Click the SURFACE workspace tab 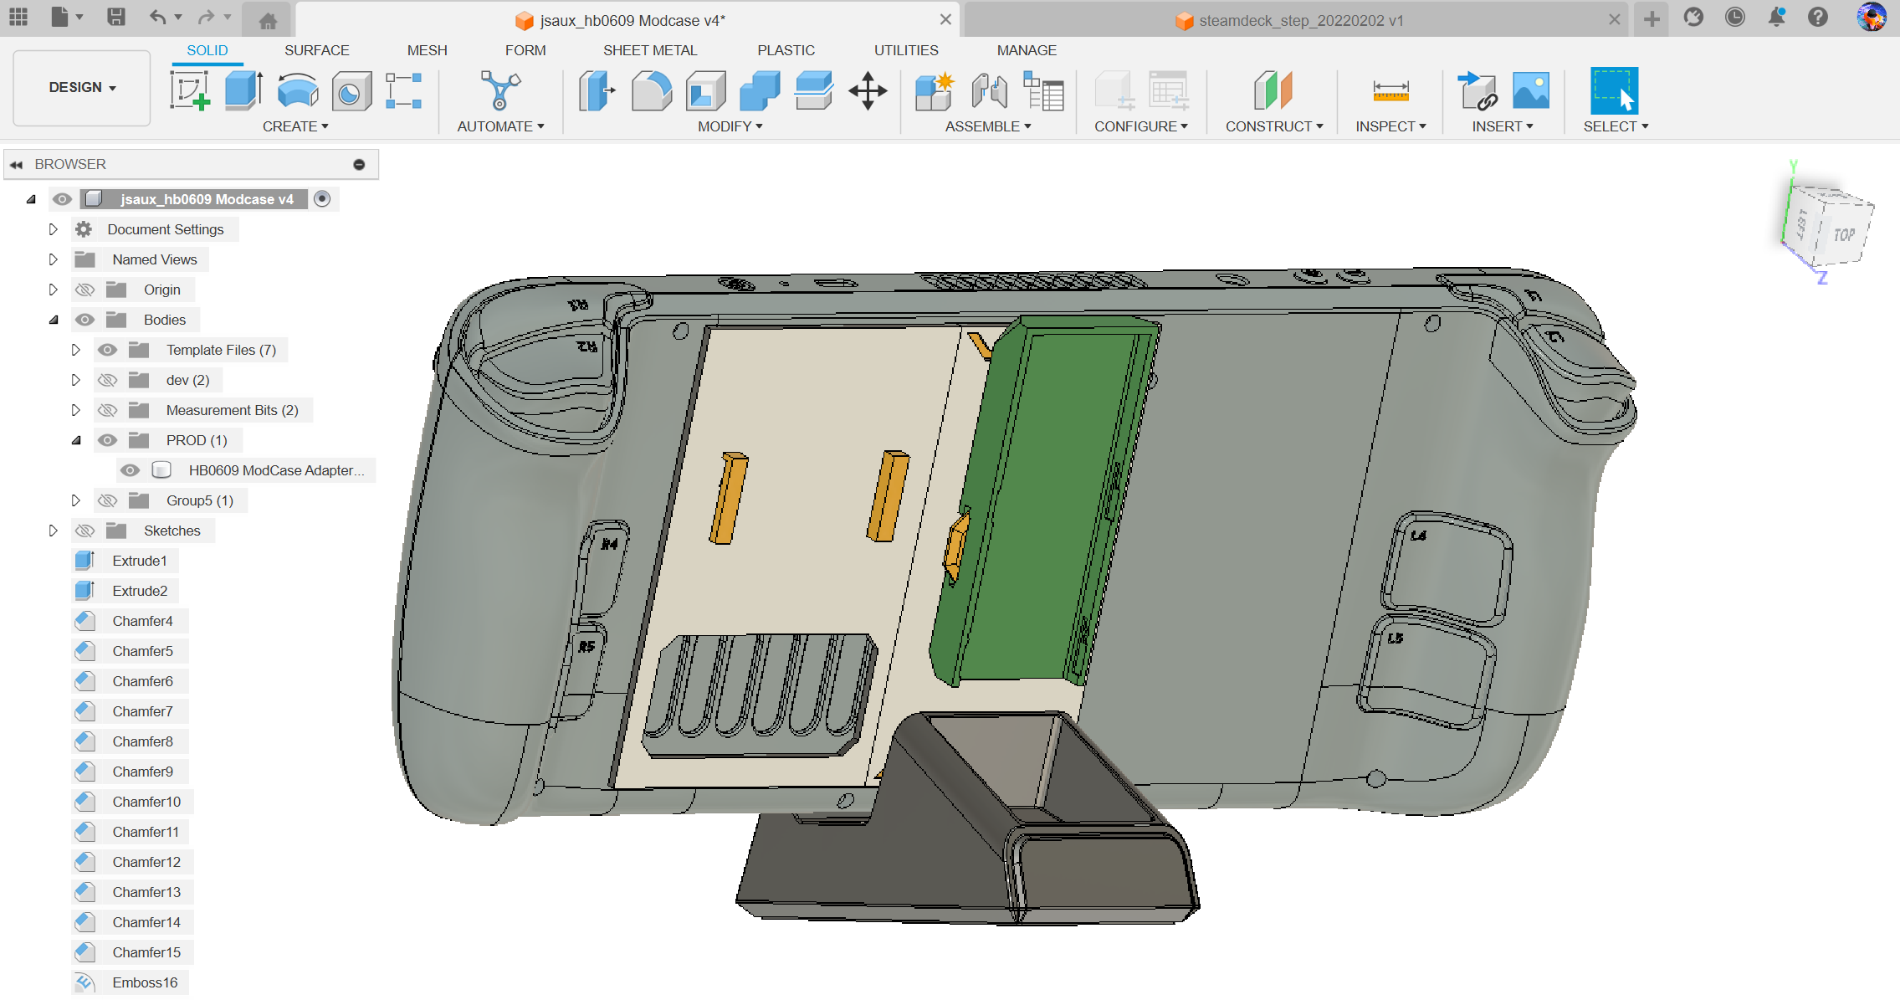coord(316,50)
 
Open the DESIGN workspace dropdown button coord(82,87)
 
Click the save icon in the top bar coord(116,17)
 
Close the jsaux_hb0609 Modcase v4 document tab coord(945,19)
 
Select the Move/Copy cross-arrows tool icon coord(868,90)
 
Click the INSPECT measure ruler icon coord(1390,90)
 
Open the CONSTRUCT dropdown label coord(1273,126)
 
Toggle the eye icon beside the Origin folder coord(85,290)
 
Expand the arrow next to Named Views coord(53,259)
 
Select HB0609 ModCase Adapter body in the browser coord(276,470)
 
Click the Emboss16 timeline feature coord(144,982)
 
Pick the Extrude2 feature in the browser coord(139,591)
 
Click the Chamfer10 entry coord(146,802)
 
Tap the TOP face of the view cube coord(1843,234)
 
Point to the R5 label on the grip coord(586,646)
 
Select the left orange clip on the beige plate coord(728,499)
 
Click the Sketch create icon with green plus coord(190,90)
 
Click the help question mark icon coord(1817,18)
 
